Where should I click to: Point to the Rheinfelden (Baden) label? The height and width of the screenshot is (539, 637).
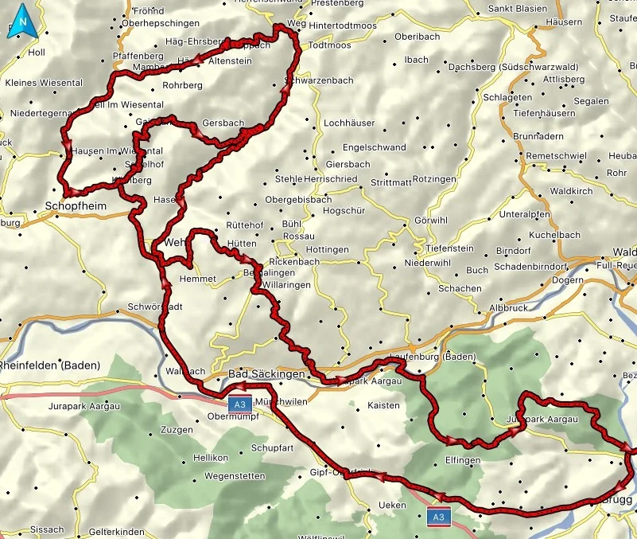click(49, 365)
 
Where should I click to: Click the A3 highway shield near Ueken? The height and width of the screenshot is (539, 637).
click(438, 517)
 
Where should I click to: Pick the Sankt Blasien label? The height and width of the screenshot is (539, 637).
click(517, 9)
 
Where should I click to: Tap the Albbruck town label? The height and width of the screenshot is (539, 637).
click(508, 307)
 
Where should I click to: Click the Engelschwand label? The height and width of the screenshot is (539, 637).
click(374, 147)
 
